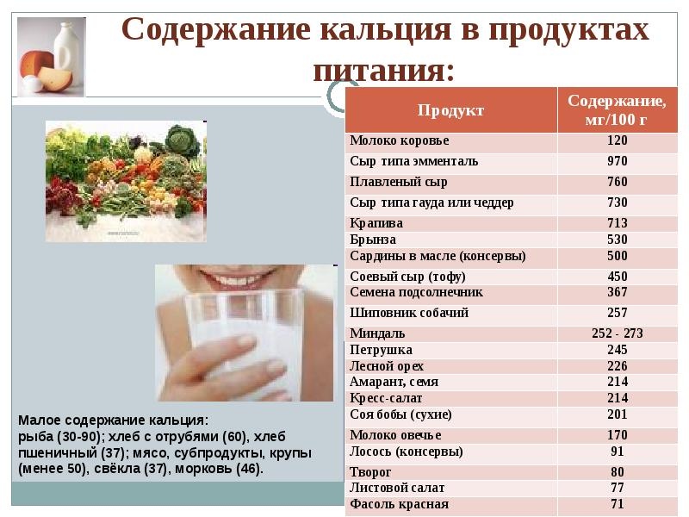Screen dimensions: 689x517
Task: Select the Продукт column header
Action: (450, 110)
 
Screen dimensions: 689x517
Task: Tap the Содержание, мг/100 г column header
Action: (617, 110)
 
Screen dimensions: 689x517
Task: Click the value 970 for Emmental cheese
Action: (618, 161)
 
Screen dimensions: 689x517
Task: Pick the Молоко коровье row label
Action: (400, 140)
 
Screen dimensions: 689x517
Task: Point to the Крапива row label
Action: (376, 223)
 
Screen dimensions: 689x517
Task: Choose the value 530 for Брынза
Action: (618, 240)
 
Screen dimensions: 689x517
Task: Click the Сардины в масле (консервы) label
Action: (438, 256)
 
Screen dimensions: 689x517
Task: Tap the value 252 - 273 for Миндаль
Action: (618, 333)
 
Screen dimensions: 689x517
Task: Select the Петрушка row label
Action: (381, 350)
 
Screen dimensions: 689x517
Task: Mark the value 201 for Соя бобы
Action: (618, 414)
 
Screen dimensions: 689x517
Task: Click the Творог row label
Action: (370, 472)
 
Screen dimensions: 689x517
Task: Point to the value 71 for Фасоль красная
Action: (618, 504)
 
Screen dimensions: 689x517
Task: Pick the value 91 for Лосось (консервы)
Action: (618, 452)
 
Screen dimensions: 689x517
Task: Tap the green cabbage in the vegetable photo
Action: (183, 140)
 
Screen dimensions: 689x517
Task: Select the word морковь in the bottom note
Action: (204, 469)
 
